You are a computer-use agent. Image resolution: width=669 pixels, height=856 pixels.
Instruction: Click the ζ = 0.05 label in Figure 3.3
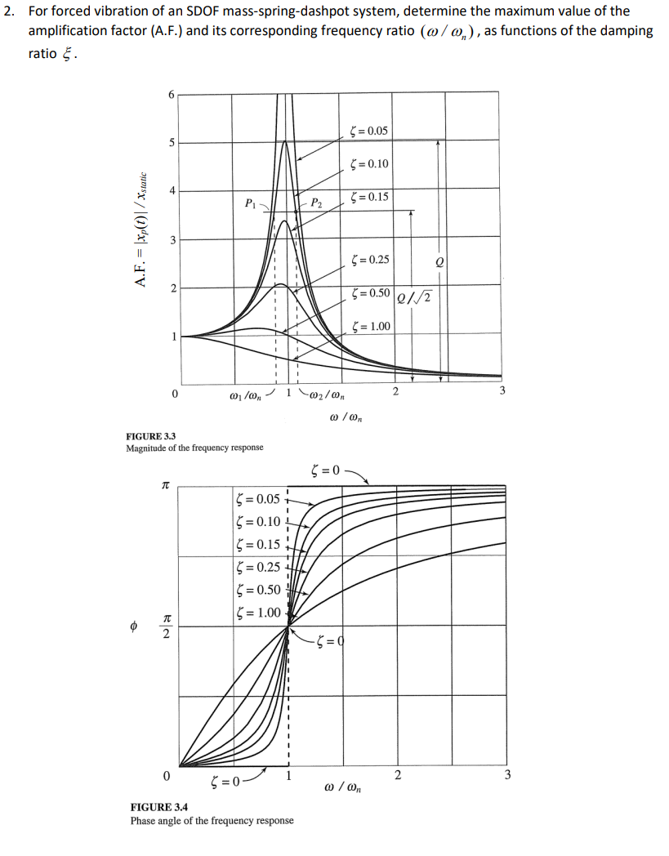coord(368,131)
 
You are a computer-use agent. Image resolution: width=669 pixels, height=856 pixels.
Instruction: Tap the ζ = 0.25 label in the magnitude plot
coord(368,261)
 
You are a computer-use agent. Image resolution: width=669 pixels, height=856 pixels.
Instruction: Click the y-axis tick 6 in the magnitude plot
coord(171,94)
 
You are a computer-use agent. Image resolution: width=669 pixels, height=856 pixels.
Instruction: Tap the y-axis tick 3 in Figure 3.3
coord(171,240)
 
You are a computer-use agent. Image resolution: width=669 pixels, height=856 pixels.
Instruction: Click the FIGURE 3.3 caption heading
coord(153,436)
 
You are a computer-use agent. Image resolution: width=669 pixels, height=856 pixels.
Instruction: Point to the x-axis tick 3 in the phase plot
coord(506,775)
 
